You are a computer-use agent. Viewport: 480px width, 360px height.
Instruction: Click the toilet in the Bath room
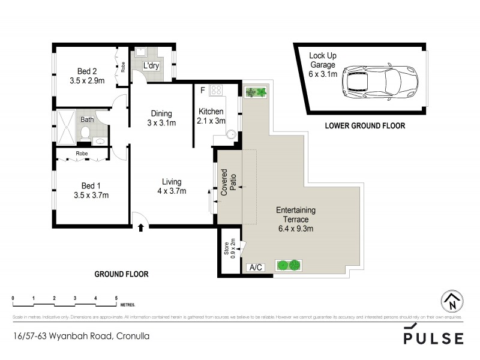pos(86,133)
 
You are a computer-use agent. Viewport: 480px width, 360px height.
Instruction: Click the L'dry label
pos(150,66)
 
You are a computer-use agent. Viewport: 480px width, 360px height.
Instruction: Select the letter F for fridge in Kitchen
pos(203,91)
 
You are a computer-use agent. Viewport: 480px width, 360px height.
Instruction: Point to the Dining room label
pos(161,113)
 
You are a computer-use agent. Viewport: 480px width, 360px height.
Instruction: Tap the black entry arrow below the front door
pos(140,227)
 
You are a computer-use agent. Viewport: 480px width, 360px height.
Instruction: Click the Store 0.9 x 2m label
pos(229,248)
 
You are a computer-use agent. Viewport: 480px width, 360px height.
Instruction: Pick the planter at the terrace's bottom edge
pos(289,265)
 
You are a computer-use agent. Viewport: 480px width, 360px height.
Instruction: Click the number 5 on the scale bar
pos(116,298)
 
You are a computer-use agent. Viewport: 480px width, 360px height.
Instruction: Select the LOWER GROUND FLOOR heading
pos(365,126)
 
